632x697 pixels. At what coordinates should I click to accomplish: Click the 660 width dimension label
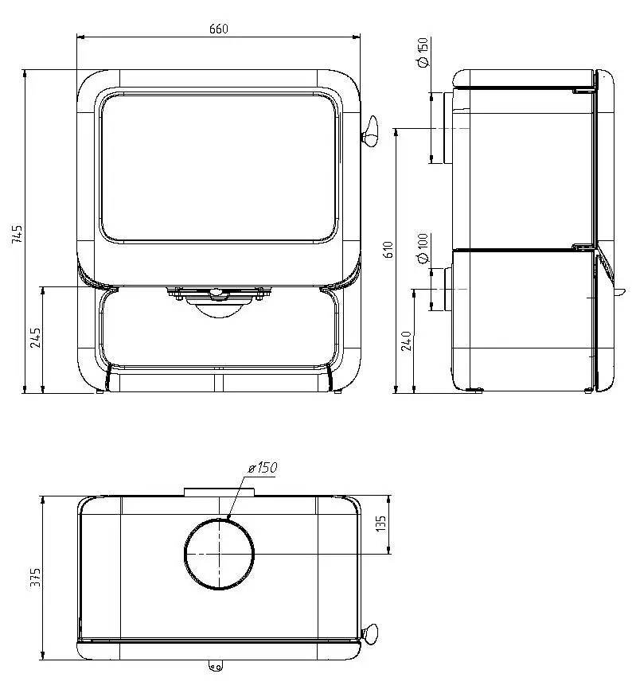(x=218, y=29)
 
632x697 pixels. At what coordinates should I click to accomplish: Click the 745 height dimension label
(x=17, y=234)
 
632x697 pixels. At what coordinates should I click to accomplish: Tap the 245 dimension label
(x=35, y=338)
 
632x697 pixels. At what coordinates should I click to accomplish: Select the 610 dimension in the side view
(x=388, y=250)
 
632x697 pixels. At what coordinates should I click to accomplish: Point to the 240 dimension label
(x=407, y=341)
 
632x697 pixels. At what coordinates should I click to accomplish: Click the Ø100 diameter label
(x=423, y=248)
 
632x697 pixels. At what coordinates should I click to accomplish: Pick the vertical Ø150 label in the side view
(x=423, y=52)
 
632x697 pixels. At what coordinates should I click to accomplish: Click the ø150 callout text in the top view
(x=263, y=468)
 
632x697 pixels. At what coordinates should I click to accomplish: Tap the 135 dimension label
(x=381, y=524)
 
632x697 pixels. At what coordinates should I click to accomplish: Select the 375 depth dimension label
(x=35, y=577)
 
